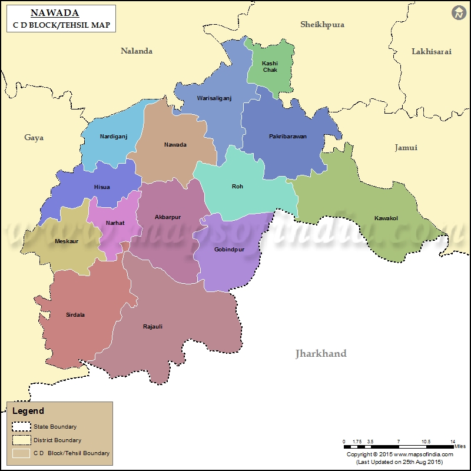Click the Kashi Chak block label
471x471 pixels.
pos(270,67)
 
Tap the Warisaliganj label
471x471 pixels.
pos(214,98)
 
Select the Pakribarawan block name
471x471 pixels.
pos(288,137)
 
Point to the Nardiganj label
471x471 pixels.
pos(114,137)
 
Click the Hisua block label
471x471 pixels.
pos(102,187)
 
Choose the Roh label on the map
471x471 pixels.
pos(237,187)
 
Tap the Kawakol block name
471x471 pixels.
pos(386,218)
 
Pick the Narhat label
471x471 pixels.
pos(115,223)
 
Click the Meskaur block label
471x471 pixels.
pos(67,241)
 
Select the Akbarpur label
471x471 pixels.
pos(168,217)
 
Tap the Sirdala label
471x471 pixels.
pos(75,315)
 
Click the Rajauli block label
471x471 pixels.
pos(152,327)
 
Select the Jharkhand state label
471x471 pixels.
pos(321,354)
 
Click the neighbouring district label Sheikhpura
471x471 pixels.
pos(322,25)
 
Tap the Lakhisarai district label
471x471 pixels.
pos(432,52)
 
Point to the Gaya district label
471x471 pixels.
pos(34,138)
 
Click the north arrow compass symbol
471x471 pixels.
pos(459,12)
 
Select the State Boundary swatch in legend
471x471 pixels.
pos(22,427)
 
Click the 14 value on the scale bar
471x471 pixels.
pos(452,442)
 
